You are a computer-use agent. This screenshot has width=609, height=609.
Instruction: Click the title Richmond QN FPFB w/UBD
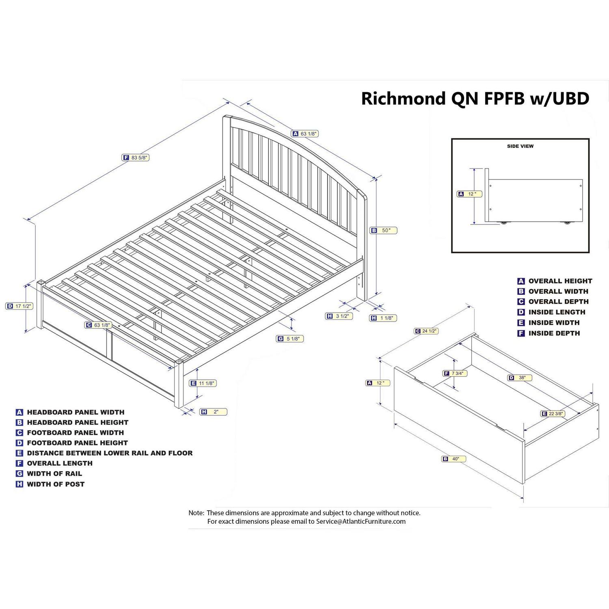tap(475, 99)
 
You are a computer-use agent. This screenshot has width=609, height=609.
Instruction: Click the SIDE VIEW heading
tap(520, 146)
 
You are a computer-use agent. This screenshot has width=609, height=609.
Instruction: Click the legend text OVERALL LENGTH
tap(60, 463)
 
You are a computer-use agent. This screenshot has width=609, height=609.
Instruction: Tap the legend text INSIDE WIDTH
tap(554, 323)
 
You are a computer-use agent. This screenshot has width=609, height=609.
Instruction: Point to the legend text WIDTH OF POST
tap(56, 484)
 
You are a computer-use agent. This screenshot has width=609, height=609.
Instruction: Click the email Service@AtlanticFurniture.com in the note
tap(361, 521)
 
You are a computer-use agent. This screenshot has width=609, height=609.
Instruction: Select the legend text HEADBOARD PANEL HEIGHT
tap(78, 423)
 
